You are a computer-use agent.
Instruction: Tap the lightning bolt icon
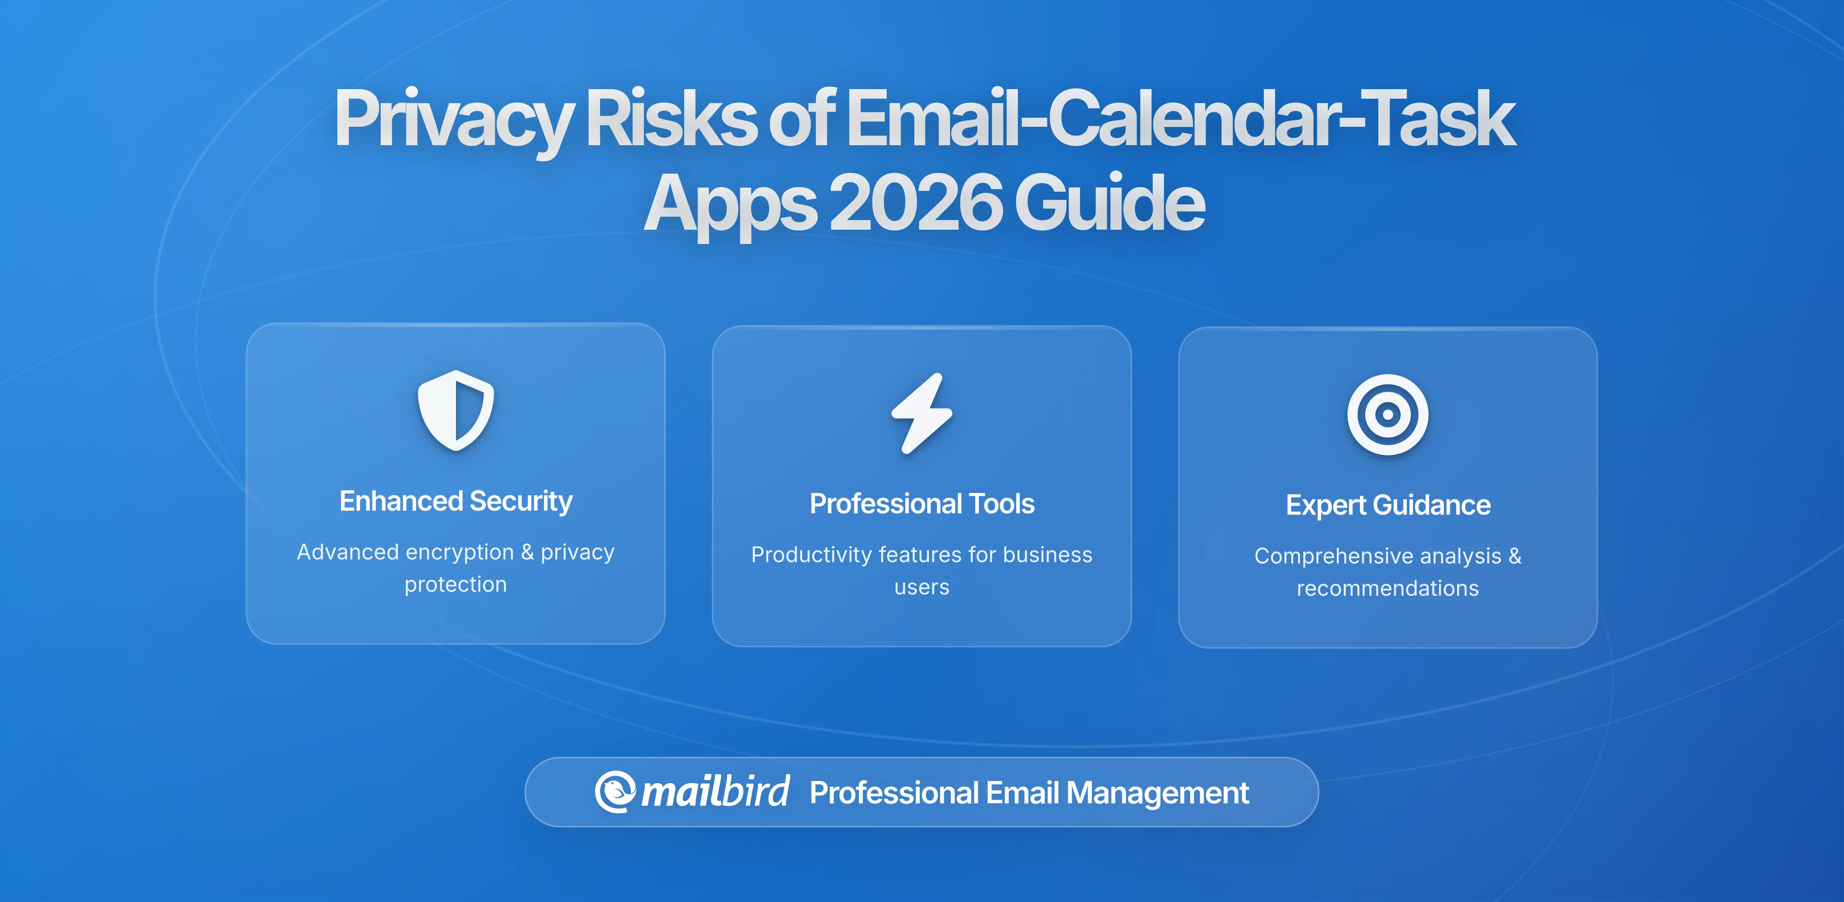click(922, 413)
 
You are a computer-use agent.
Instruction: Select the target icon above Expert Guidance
click(1387, 415)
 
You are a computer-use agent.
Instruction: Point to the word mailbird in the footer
click(715, 792)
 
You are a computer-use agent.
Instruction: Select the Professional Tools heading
click(922, 504)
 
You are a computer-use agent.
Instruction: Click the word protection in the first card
click(455, 585)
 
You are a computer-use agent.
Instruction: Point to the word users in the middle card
click(922, 588)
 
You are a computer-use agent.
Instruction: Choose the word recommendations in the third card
click(1387, 589)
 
